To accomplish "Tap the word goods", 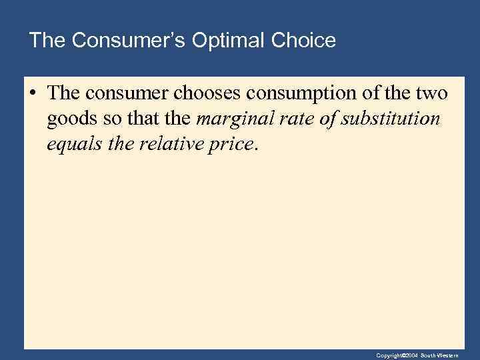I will pos(69,119).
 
